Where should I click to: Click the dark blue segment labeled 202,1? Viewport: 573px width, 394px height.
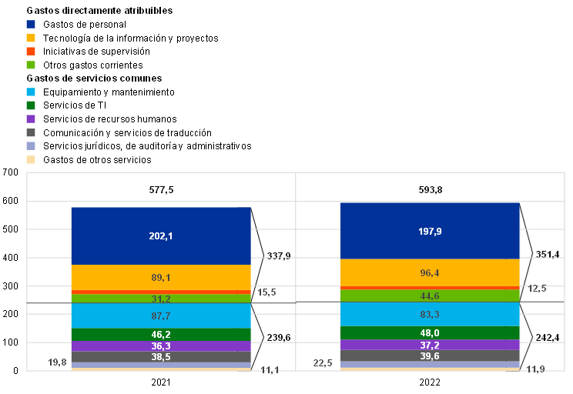click(x=161, y=235)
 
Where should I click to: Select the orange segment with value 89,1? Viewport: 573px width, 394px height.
click(x=161, y=277)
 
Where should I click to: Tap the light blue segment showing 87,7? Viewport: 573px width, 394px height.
click(x=161, y=316)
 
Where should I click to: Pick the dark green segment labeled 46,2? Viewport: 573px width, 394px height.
click(x=161, y=335)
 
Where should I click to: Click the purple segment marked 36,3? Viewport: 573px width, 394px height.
click(x=161, y=346)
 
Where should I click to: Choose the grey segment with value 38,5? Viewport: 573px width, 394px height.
click(x=161, y=357)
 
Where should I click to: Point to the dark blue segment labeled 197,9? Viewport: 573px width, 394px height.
click(x=430, y=231)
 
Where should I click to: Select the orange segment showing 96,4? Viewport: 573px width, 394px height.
click(x=430, y=272)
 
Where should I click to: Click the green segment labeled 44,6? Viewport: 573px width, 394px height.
click(x=430, y=295)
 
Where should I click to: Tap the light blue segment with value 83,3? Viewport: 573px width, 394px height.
click(x=430, y=314)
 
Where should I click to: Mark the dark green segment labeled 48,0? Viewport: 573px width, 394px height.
click(x=430, y=332)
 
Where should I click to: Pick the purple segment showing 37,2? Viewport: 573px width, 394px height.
click(x=430, y=345)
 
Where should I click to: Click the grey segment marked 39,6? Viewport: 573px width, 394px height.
click(x=430, y=356)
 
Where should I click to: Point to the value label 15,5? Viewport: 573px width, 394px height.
click(x=266, y=292)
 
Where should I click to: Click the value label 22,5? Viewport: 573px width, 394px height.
click(x=323, y=363)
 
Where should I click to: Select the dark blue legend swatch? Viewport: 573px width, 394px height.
click(x=31, y=25)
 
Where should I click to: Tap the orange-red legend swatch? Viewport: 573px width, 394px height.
click(x=31, y=52)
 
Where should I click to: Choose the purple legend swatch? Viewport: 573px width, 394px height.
click(x=31, y=119)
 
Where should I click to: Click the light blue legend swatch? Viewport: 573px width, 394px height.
click(x=31, y=92)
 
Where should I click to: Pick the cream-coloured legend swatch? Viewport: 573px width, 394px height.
click(x=31, y=160)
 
